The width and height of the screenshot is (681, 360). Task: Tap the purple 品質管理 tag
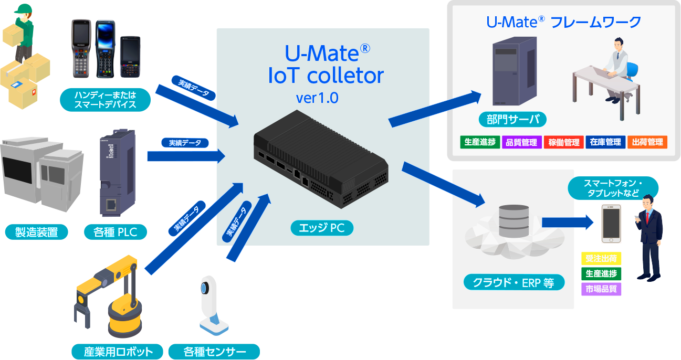[x=521, y=142]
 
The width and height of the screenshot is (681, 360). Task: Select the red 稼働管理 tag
[x=563, y=142]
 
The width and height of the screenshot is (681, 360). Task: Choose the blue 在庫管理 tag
[x=605, y=142]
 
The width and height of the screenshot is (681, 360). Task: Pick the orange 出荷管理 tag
[x=647, y=142]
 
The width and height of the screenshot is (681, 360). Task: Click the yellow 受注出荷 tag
[x=601, y=258]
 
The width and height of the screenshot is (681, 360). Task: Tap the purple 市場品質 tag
[x=601, y=289]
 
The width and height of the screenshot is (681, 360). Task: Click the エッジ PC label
[x=322, y=228]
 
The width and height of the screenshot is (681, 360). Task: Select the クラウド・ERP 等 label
[x=514, y=283]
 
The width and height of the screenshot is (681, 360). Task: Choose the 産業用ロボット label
[x=118, y=352]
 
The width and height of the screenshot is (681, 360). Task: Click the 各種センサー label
[x=214, y=352]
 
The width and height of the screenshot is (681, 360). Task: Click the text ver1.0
[x=317, y=98]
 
